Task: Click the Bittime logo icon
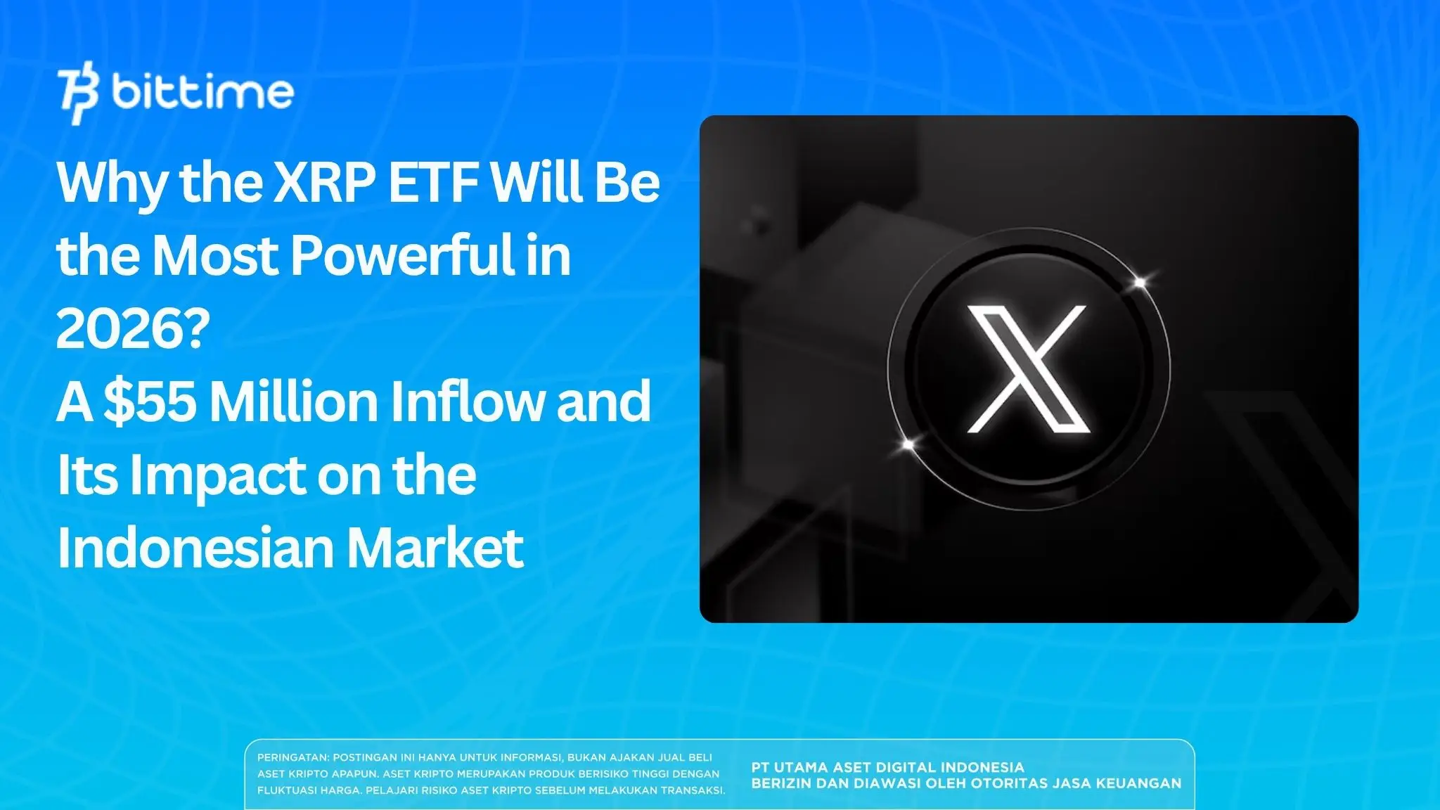[79, 94]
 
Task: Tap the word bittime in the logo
[202, 92]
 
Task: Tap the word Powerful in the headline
[401, 255]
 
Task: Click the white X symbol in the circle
[1027, 368]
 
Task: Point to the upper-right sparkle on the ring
[1140, 283]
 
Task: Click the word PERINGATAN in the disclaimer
[292, 758]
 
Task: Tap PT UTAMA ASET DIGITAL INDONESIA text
[887, 767]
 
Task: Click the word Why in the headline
[113, 183]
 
